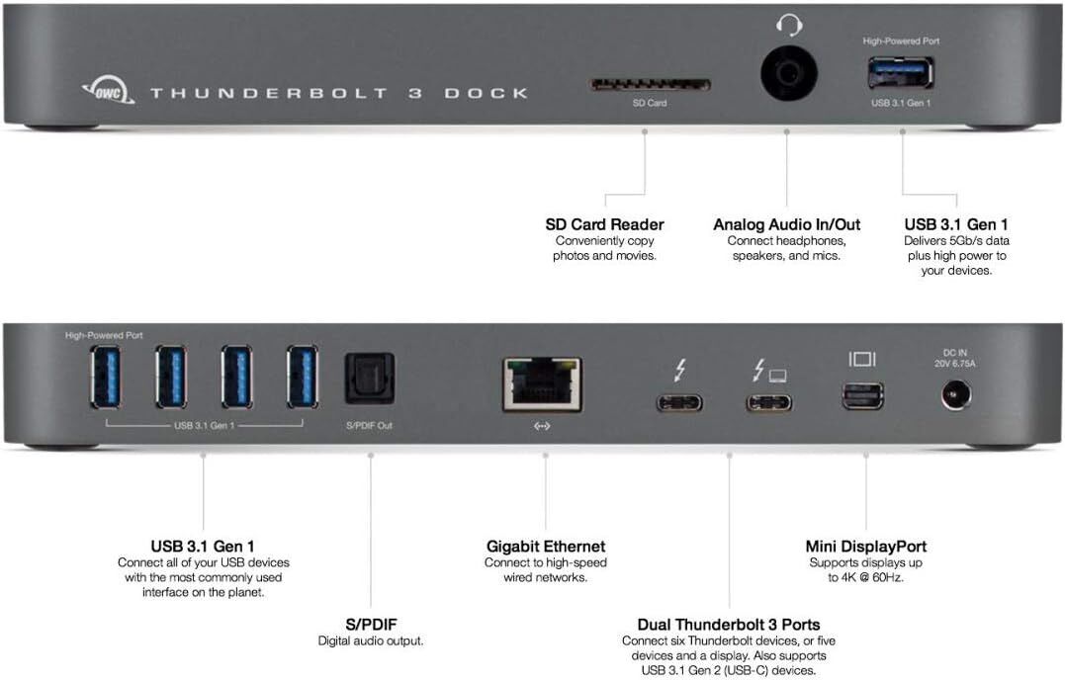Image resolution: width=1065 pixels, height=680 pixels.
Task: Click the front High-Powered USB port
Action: (901, 74)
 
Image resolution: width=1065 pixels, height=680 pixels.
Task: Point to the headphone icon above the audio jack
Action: (787, 25)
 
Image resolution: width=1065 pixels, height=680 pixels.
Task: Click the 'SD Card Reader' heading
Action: (604, 224)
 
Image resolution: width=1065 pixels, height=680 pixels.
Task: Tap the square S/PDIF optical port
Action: (370, 379)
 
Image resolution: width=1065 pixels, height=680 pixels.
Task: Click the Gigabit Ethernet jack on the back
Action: (541, 384)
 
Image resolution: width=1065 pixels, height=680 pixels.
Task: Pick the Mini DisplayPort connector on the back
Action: (863, 396)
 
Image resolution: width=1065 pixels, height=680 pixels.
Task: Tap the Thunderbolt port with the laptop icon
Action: (768, 402)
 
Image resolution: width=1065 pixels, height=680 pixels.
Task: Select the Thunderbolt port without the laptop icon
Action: (679, 402)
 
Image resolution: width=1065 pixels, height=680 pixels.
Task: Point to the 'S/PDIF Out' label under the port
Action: (370, 425)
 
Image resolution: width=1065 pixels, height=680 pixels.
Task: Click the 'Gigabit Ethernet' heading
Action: (546, 546)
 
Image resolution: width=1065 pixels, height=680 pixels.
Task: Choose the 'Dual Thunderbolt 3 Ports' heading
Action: (729, 624)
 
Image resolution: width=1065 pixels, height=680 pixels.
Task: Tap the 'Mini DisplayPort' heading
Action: (866, 546)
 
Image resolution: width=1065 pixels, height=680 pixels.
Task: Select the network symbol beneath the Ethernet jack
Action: (542, 427)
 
